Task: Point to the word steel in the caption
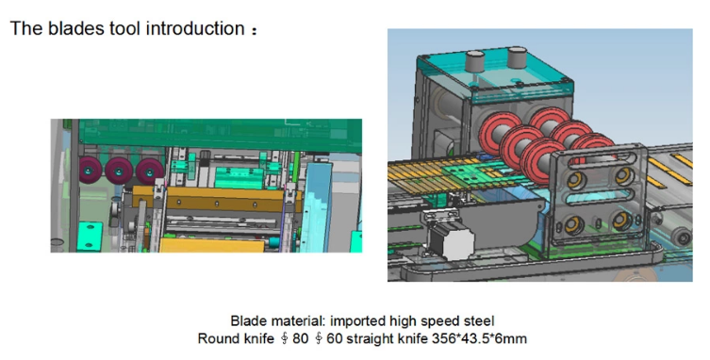tap(479, 321)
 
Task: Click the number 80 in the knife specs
tap(300, 338)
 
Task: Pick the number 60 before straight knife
tap(335, 338)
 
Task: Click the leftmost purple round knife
tap(91, 170)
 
